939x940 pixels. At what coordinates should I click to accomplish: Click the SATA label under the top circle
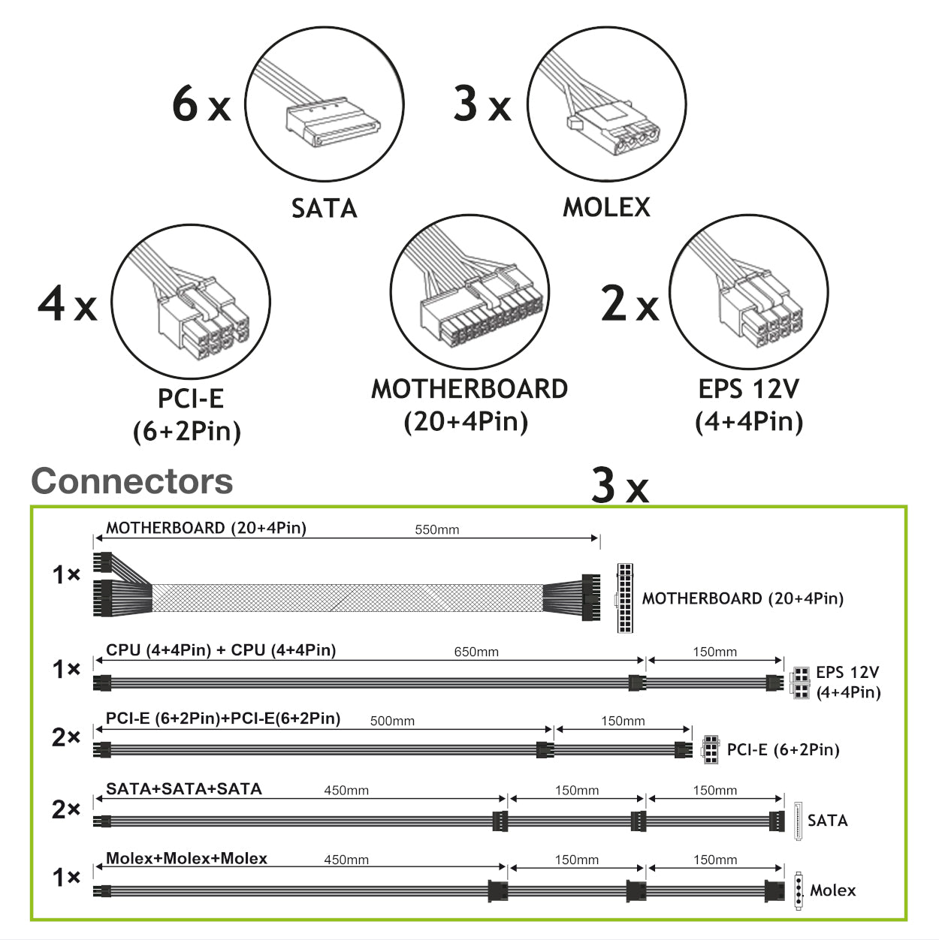324,208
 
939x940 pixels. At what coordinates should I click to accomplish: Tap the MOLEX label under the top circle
606,207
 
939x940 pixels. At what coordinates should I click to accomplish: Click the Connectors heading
132,481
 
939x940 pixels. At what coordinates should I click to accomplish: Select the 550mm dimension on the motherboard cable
436,530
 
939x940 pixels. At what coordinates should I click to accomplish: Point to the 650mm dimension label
476,652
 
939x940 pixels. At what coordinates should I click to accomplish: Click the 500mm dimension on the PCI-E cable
392,721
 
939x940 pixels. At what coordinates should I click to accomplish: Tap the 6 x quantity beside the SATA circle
201,104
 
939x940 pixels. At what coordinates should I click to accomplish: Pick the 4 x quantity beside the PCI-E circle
68,305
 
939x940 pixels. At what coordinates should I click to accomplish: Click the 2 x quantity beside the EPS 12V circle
630,305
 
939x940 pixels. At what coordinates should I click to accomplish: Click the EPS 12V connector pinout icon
799,682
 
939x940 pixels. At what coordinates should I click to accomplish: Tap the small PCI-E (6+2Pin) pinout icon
710,749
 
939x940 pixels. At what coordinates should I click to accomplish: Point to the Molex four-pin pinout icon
799,890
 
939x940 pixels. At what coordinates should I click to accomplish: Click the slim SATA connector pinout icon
798,820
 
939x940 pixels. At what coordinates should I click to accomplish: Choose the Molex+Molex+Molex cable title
186,858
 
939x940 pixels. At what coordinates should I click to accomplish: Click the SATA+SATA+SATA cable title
184,789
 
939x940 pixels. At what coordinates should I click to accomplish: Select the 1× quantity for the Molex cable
66,877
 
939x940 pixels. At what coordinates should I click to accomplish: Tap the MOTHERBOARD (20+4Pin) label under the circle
469,389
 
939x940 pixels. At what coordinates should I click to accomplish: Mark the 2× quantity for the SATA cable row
66,809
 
